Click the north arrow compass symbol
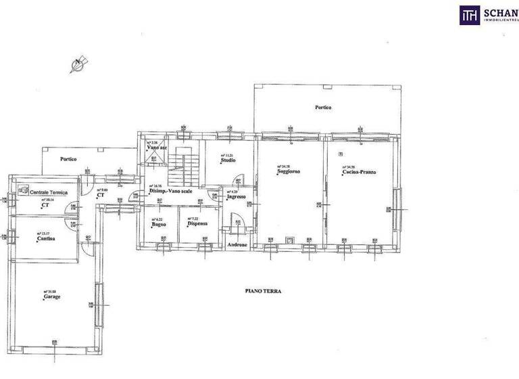78,64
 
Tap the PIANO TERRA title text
263,290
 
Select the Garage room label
52,296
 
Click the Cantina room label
46,239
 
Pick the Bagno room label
158,224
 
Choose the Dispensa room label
197,223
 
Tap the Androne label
237,244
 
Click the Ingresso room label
237,196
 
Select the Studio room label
228,161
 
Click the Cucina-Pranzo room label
359,173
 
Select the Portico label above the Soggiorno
322,108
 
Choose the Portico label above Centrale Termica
68,159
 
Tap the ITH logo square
470,15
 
